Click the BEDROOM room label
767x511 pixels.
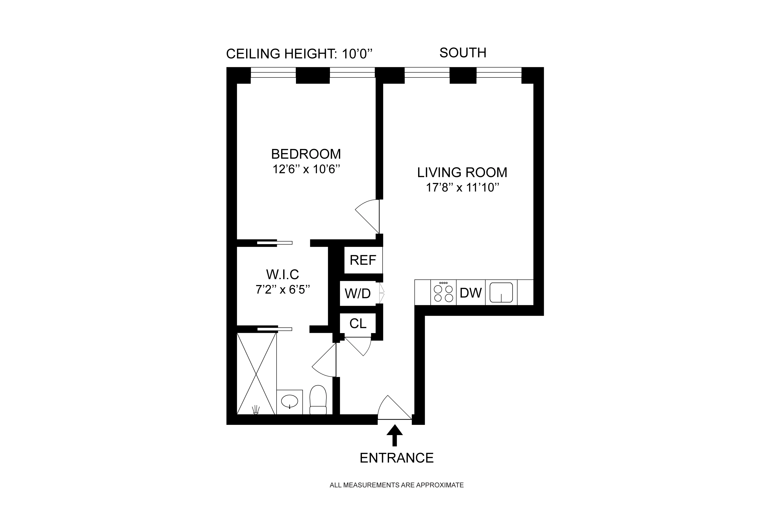tap(306, 154)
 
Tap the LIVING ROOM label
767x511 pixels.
tap(462, 172)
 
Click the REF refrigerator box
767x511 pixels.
tap(363, 260)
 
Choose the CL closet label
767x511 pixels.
tap(358, 324)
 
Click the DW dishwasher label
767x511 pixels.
tap(471, 293)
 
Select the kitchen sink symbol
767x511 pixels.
tap(501, 292)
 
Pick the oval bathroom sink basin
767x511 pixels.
tap(289, 401)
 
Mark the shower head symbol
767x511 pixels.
tap(256, 410)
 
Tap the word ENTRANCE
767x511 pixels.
tap(396, 458)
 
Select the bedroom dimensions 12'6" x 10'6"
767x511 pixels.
tap(306, 169)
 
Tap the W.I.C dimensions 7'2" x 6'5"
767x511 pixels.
tap(282, 289)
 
